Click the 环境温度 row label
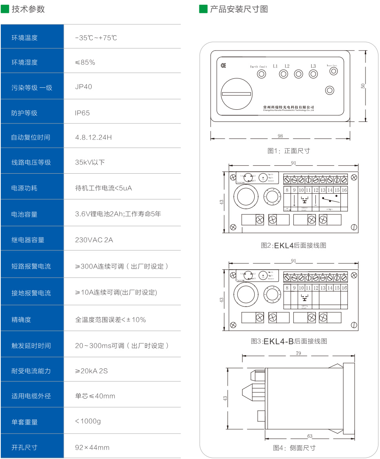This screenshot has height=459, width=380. coord(25,38)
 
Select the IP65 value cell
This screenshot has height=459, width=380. coord(82,113)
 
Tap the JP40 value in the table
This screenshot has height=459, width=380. coord(83,87)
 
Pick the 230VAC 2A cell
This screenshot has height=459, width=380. coord(94,239)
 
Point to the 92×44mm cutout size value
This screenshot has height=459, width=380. coord(92,447)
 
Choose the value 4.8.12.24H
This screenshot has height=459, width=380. coord(93,138)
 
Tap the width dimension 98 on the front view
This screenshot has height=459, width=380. coord(280,136)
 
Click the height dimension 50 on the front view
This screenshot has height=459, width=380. coord(363,86)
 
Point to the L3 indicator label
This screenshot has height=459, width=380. coord(313,66)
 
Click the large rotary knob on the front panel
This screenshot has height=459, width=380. coord(237,94)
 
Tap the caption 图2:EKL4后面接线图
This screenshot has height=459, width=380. coord(293,246)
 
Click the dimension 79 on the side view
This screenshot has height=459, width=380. coord(299,354)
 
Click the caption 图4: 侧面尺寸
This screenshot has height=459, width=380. coord(294,448)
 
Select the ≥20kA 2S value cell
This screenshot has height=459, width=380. coord(91,371)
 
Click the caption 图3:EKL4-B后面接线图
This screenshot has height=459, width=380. coord(289,341)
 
